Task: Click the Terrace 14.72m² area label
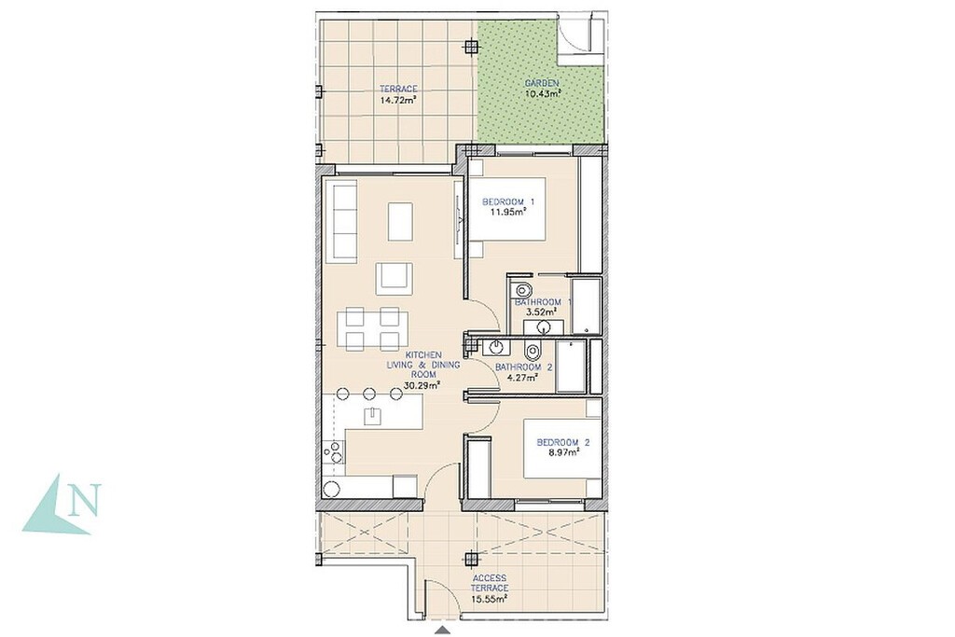[x=398, y=94]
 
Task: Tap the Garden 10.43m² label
[x=542, y=89]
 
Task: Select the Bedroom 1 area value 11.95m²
[x=508, y=213]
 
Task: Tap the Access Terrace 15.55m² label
[x=489, y=589]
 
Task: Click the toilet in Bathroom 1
[x=522, y=290]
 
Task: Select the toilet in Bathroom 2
[x=533, y=351]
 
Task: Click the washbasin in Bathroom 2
[x=495, y=348]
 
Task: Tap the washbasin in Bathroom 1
[x=544, y=327]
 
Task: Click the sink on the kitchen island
[x=372, y=415]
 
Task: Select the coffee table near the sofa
[x=400, y=221]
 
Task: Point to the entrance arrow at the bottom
[x=443, y=630]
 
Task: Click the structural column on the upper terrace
[x=470, y=46]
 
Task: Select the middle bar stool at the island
[x=369, y=393]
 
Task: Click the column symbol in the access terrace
[x=470, y=558]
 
